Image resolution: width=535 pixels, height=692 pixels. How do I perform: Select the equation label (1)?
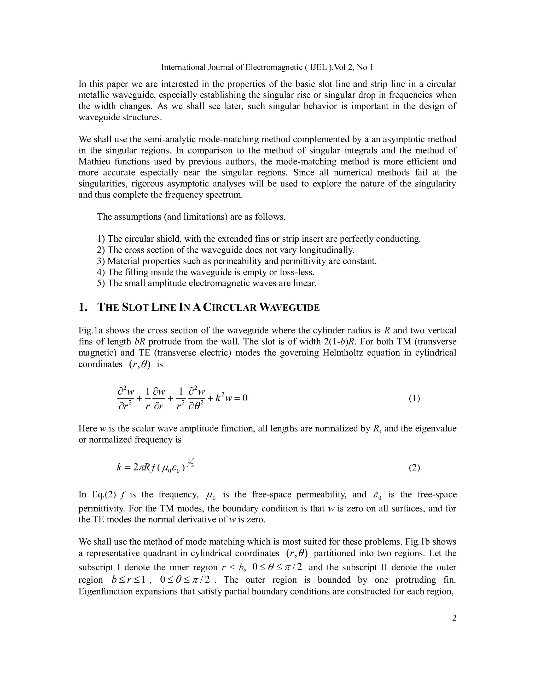pyautogui.click(x=414, y=399)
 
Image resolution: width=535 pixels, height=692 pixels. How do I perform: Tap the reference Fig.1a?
pyautogui.click(x=91, y=331)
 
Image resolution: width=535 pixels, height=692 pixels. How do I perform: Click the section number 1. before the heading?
pyautogui.click(x=83, y=308)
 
